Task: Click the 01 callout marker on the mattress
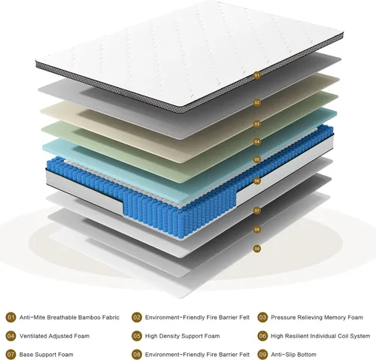tap(257, 75)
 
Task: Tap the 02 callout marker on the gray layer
tap(257, 102)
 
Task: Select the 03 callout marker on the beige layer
tap(257, 124)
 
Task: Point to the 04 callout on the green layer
tap(257, 141)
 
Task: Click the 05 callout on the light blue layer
tap(257, 159)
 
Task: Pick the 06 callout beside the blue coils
tap(257, 180)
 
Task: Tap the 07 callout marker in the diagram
tap(257, 210)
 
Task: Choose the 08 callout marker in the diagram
tap(257, 229)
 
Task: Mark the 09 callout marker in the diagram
tap(257, 249)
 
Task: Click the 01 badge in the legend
tap(11, 317)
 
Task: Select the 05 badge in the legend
tap(137, 336)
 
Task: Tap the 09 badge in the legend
tap(262, 355)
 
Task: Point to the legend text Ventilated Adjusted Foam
tap(54, 336)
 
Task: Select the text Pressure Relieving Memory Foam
tap(317, 317)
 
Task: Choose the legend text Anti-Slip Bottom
tap(293, 355)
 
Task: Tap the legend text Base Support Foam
tap(47, 355)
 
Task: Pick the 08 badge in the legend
tap(137, 355)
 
